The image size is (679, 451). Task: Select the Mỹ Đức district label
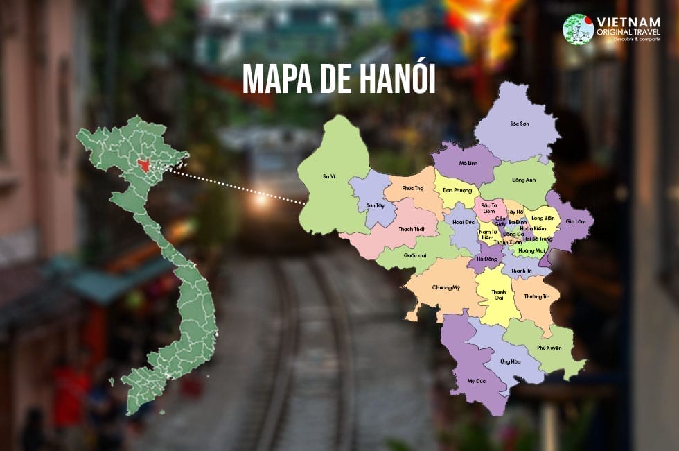tap(475, 381)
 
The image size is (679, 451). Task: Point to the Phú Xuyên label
tap(549, 347)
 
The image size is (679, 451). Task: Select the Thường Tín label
tap(536, 296)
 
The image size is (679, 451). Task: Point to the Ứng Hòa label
tap(510, 361)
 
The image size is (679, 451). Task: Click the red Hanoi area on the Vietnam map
tap(143, 164)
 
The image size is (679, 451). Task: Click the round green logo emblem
tap(579, 29)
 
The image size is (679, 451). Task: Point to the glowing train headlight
tap(261, 201)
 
